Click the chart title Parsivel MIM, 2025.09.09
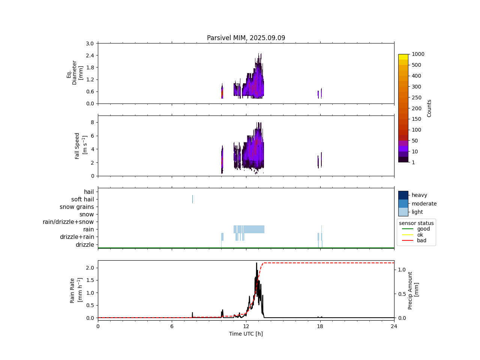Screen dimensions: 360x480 pos(246,38)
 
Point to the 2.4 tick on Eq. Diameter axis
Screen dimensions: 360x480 pos(90,55)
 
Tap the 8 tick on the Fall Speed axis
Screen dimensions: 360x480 pos(92,122)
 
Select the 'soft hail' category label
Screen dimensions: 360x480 pos(82,199)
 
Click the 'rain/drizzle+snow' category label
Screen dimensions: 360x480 pos(68,222)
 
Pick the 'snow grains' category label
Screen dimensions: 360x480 pos(76,207)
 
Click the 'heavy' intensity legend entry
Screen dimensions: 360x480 pos(419,195)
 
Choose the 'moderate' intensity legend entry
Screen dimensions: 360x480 pos(424,204)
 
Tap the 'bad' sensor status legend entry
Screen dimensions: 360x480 pos(421,241)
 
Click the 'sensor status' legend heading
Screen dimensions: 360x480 pos(416,223)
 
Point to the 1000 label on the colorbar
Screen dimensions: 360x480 pos(418,54)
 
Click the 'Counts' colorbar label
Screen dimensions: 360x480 pos(429,108)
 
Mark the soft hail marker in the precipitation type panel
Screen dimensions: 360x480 pos(192,199)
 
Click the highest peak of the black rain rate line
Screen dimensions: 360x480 pos(256,263)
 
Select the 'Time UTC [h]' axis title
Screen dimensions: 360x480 pos(246,334)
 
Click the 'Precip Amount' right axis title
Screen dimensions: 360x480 pos(413,290)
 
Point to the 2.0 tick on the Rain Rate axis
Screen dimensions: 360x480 pos(90,268)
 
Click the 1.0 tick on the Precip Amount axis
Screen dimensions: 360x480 pos(402,270)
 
